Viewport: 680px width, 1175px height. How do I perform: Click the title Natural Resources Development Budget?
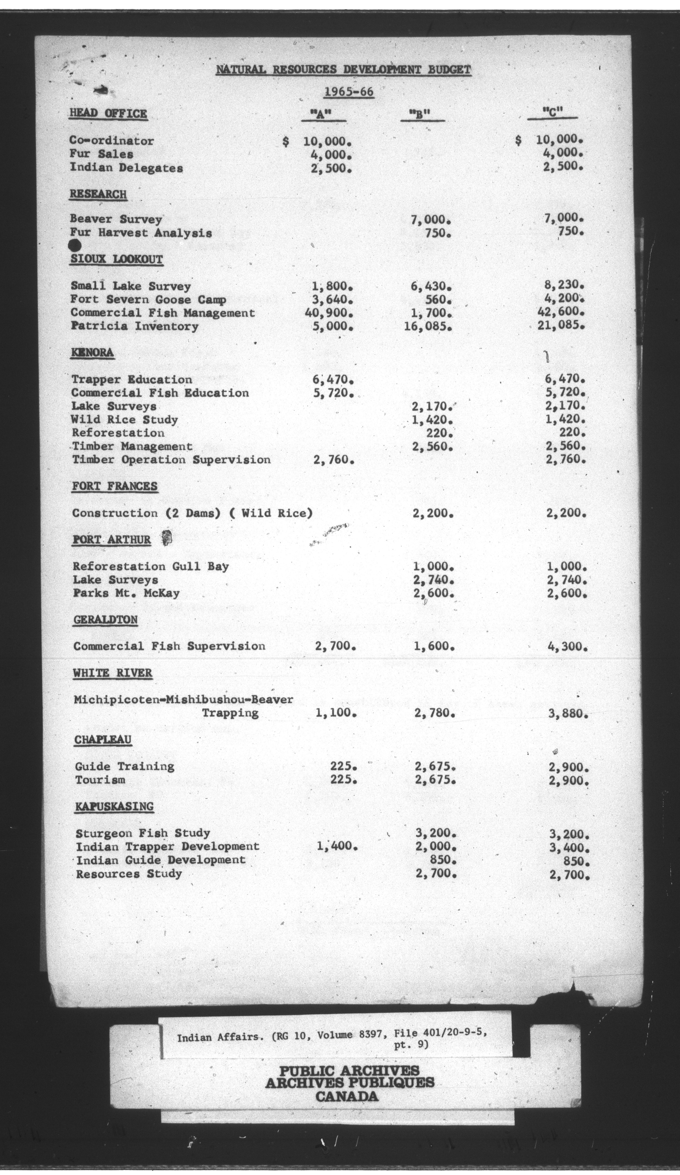point(343,70)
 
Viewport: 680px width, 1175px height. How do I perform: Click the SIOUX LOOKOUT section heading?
point(117,260)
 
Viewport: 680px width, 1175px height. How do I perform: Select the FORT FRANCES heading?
point(115,486)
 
